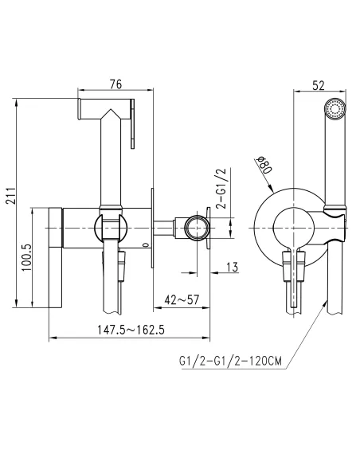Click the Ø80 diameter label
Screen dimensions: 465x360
point(265,165)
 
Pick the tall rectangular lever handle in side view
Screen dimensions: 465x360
point(56,257)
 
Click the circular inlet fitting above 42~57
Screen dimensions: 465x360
point(194,229)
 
